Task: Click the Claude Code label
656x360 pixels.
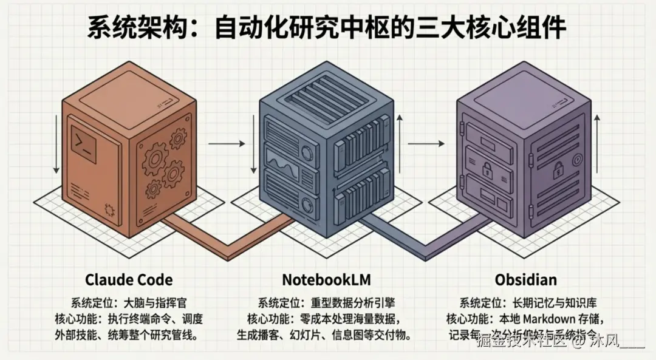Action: point(129,280)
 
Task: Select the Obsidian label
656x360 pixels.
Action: point(525,280)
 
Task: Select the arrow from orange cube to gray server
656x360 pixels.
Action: point(225,144)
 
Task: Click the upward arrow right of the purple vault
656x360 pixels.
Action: point(598,146)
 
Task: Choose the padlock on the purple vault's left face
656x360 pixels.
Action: point(487,171)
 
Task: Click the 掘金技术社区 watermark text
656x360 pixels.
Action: point(522,340)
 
